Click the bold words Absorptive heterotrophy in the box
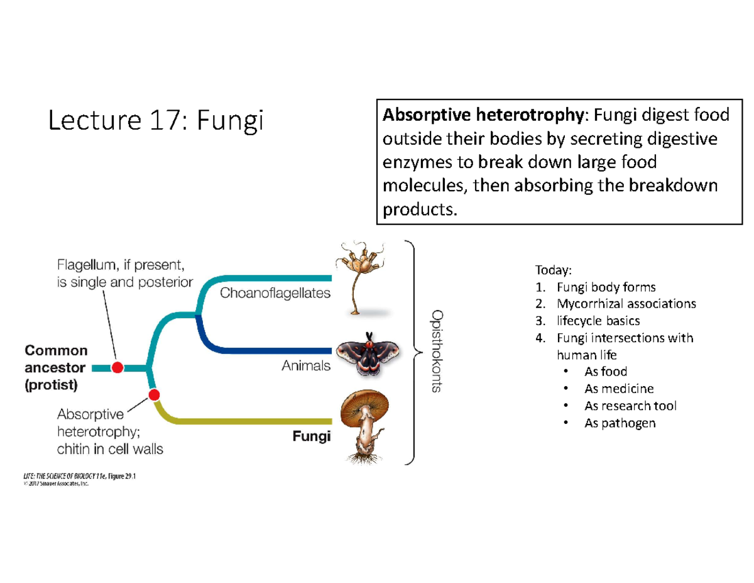coord(483,115)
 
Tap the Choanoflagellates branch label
coord(275,293)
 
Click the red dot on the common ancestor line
coord(117,367)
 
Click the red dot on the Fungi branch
coord(153,395)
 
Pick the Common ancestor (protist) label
coord(56,368)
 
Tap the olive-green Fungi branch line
coord(251,420)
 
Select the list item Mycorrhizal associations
coord(625,304)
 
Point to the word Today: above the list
coord(554,270)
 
